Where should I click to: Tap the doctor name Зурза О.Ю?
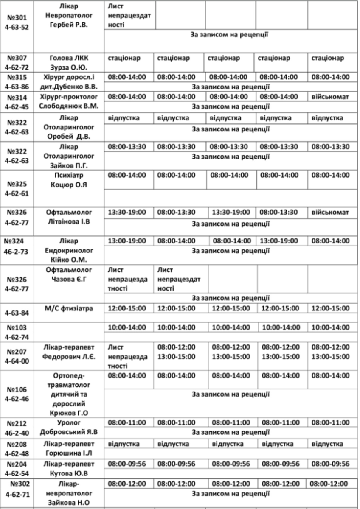pyautogui.click(x=68, y=66)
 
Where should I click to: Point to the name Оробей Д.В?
pyautogui.click(x=68, y=136)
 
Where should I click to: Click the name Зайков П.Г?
pyautogui.click(x=68, y=165)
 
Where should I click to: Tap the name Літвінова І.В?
pyautogui.click(x=68, y=221)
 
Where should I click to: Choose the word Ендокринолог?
pyautogui.click(x=68, y=250)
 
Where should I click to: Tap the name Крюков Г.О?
pyautogui.click(x=68, y=413)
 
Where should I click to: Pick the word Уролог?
pyautogui.click(x=68, y=423)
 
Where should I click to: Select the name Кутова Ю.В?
pyautogui.click(x=68, y=473)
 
